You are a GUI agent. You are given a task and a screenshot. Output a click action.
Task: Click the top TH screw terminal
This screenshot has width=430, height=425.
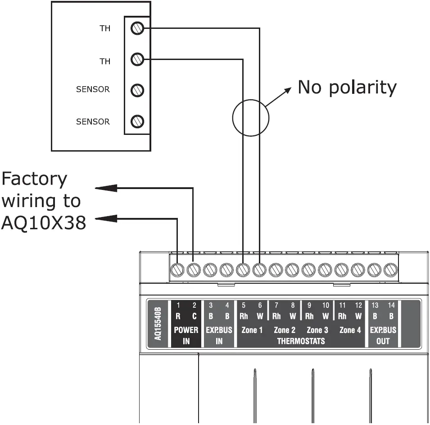pyautogui.click(x=137, y=29)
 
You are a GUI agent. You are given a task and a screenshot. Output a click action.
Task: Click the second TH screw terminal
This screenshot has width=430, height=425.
pyautogui.click(x=137, y=59)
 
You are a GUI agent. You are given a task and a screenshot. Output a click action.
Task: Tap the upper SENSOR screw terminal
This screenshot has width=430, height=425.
pyautogui.click(x=137, y=90)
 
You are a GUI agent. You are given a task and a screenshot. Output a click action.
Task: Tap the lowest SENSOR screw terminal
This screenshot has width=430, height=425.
pyautogui.click(x=137, y=121)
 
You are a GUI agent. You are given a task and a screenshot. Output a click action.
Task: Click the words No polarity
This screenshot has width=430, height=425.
pyautogui.click(x=347, y=87)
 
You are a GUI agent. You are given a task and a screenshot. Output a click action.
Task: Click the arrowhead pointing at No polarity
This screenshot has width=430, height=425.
pyautogui.click(x=286, y=91)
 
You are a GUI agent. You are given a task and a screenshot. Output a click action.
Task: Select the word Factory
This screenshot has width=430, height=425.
pyautogui.click(x=34, y=180)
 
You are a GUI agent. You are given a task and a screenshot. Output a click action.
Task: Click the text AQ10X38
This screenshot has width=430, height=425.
pyautogui.click(x=43, y=222)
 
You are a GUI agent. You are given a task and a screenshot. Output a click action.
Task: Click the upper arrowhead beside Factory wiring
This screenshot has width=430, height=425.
pyautogui.click(x=106, y=188)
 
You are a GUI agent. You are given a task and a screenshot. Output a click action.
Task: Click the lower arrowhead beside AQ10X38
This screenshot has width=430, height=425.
pyautogui.click(x=106, y=219)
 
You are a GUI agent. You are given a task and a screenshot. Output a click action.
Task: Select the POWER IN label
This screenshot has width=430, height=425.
pyautogui.click(x=186, y=335)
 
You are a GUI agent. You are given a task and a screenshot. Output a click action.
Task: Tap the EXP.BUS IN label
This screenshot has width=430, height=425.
pyautogui.click(x=219, y=335)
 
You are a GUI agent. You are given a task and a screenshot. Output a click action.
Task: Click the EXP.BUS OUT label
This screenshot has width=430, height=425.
pyautogui.click(x=383, y=335)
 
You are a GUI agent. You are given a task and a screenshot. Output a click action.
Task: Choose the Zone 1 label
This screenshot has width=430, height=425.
pyautogui.click(x=252, y=330)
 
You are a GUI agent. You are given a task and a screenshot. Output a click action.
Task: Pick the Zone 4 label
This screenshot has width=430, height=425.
pyautogui.click(x=350, y=330)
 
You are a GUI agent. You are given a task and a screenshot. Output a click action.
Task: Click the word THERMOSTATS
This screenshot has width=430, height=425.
pyautogui.click(x=301, y=341)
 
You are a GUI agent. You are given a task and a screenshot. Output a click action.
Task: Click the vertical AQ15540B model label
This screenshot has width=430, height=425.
pyautogui.click(x=157, y=323)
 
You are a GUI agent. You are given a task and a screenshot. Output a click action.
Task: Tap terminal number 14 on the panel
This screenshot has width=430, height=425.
pyautogui.click(x=391, y=305)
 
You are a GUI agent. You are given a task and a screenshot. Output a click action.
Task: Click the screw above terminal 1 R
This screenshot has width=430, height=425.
pyautogui.click(x=177, y=270)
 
